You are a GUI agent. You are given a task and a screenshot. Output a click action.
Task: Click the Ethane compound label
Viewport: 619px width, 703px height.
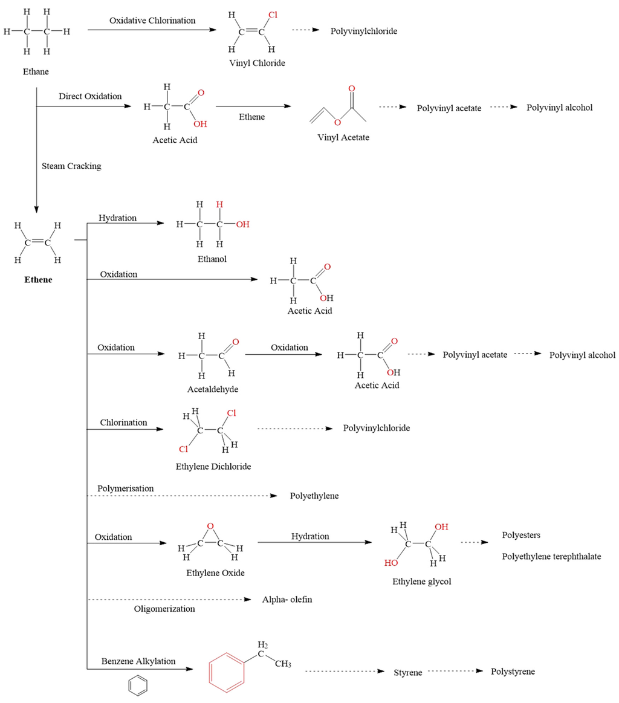[36, 72]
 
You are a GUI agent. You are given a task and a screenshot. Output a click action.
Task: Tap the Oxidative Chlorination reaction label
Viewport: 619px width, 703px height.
[152, 21]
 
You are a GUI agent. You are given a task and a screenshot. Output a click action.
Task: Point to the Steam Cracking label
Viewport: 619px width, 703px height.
[71, 166]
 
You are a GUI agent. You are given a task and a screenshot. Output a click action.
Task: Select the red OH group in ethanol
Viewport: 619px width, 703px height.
[242, 224]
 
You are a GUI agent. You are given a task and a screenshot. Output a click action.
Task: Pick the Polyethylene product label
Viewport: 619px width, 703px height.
[314, 496]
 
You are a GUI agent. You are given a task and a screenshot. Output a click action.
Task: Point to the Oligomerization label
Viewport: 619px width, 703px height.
[164, 609]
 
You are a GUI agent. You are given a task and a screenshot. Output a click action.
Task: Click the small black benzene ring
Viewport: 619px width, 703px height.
[138, 686]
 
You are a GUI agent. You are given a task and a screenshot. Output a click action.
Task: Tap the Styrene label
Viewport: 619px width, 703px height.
[408, 672]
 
